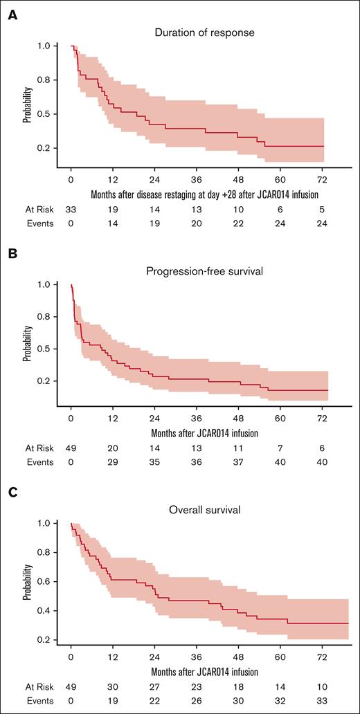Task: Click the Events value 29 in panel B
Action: point(113,462)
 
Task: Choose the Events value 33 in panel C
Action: point(322,701)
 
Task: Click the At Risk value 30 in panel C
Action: point(113,687)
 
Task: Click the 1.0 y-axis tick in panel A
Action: point(53,46)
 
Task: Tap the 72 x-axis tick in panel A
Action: point(322,178)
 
